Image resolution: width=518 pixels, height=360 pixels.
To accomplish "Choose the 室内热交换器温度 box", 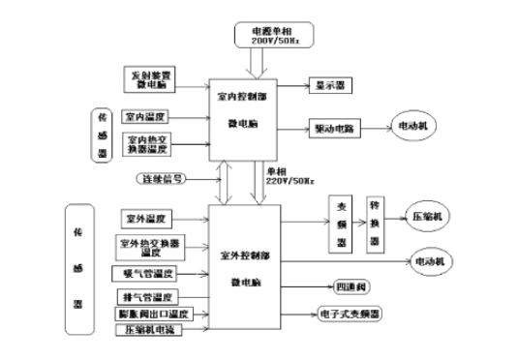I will point(148,144).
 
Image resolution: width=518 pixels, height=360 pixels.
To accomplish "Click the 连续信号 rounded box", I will point(160,179).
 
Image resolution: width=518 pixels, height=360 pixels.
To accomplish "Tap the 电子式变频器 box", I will point(350,315).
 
